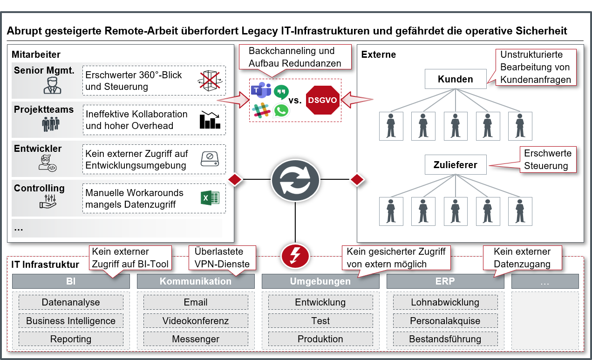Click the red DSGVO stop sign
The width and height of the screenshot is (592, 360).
coord(322,100)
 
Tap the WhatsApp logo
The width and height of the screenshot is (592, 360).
coord(281,110)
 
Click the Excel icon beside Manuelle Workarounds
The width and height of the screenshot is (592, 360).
coord(210,198)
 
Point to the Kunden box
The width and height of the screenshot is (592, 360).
coord(455,79)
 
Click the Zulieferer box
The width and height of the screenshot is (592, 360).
coord(455,164)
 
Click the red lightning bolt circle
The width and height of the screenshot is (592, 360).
coord(295,254)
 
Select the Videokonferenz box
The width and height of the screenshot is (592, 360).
coord(196,321)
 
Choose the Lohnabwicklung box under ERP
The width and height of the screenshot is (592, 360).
coord(445,302)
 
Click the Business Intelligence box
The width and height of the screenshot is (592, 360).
coord(71,321)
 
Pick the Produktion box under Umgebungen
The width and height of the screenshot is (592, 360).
coord(320,339)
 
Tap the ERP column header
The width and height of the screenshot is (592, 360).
coord(445,281)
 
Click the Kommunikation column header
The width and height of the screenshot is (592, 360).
coord(196,281)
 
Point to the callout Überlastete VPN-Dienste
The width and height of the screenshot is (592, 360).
coord(222,258)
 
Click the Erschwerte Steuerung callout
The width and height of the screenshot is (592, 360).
coord(546,159)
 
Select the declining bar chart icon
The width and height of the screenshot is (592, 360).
coord(210,120)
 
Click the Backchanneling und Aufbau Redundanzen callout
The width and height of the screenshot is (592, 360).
coord(291,57)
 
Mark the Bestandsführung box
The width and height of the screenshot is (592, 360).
coord(445,339)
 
